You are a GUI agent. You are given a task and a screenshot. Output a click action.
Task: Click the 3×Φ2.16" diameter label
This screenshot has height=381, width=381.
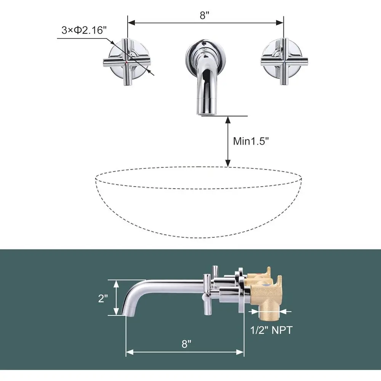(83, 30)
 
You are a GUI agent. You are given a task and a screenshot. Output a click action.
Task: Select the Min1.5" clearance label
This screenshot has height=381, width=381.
(251, 141)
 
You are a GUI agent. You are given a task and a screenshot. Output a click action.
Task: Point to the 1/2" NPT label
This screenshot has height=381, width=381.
(271, 330)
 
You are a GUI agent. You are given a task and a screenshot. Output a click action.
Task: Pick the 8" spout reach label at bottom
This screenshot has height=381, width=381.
(186, 344)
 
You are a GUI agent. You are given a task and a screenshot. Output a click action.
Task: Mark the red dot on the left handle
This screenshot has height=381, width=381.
(126, 61)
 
